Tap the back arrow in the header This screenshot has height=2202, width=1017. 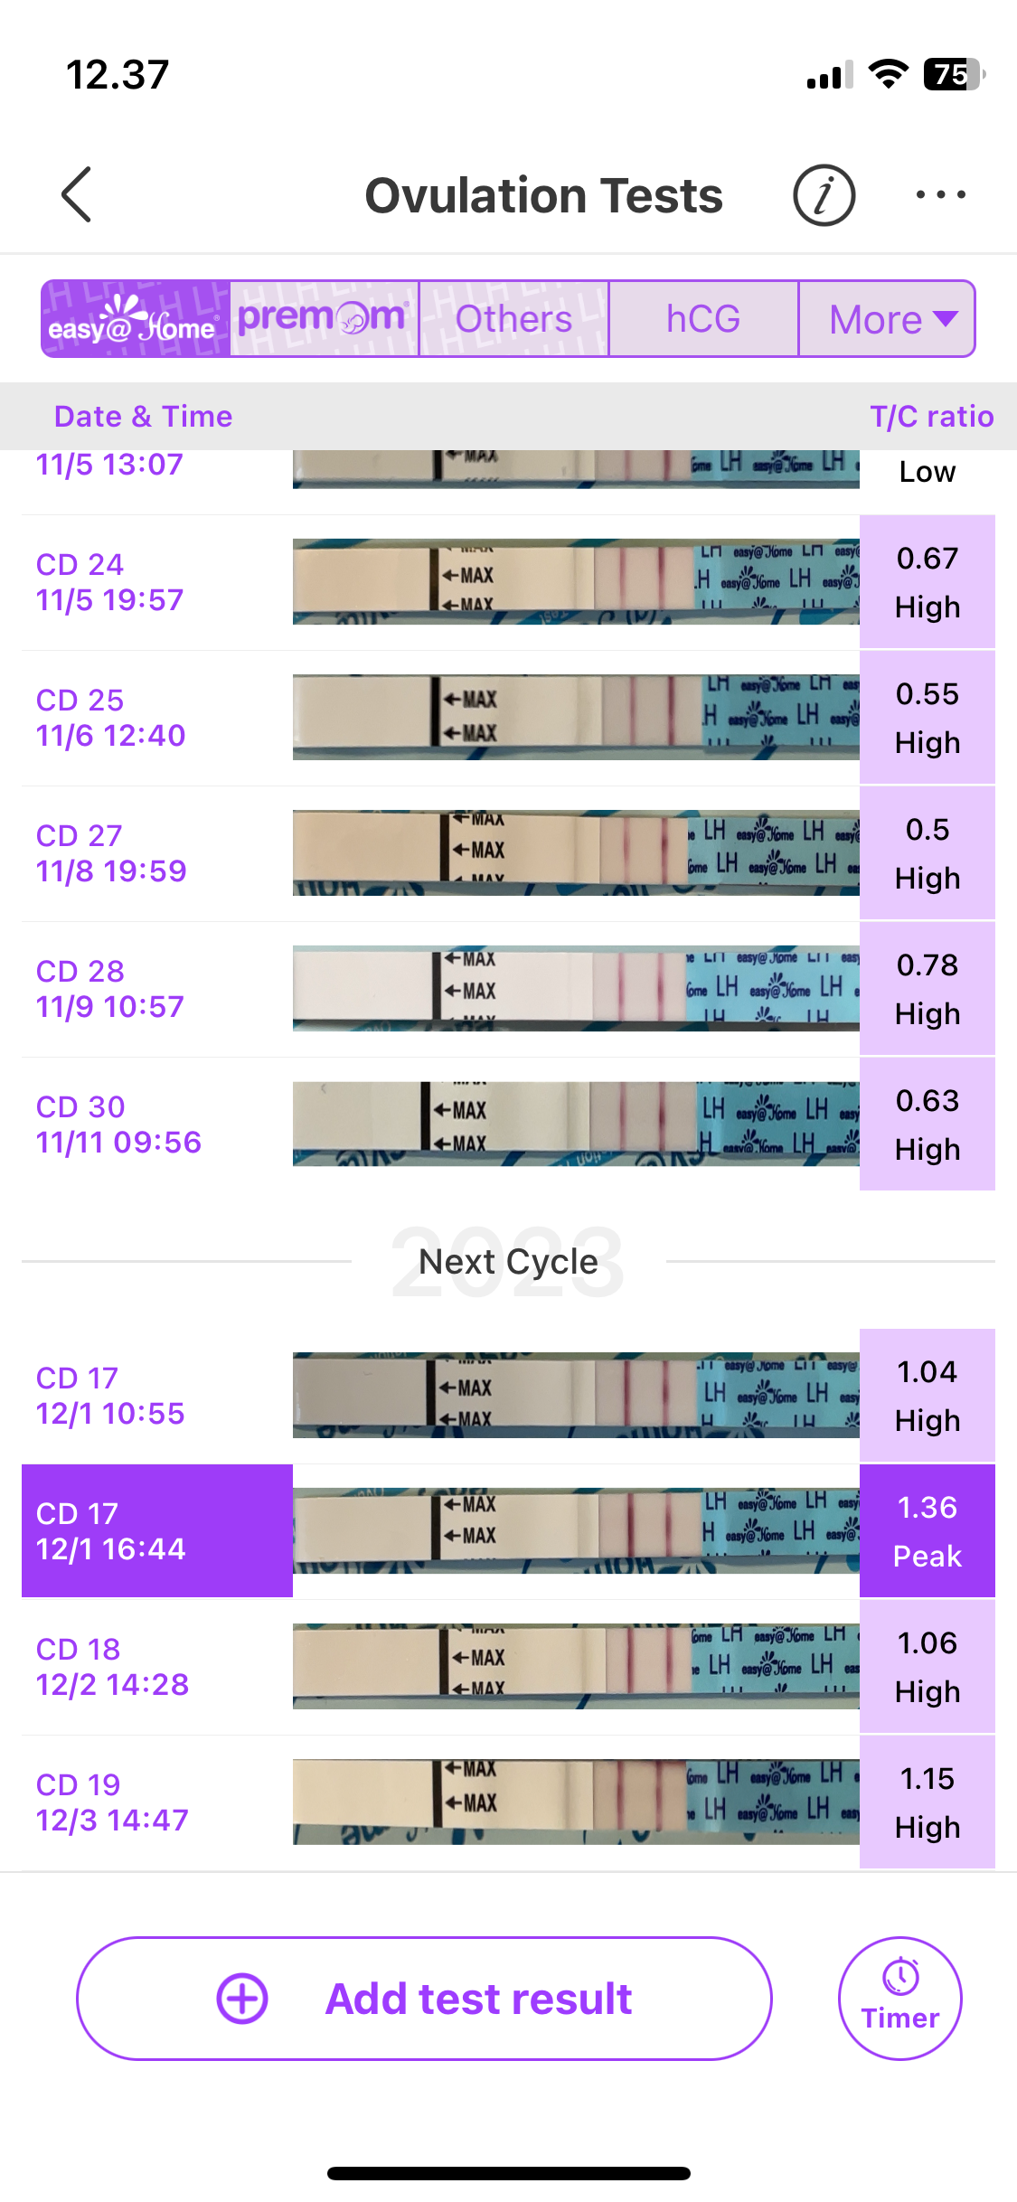tap(77, 194)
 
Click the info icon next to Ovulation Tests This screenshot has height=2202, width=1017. tap(824, 195)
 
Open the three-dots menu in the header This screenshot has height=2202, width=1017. tap(940, 195)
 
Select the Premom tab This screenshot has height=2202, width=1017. tap(324, 319)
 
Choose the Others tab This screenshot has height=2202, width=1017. tap(513, 319)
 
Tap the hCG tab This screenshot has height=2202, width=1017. tap(703, 319)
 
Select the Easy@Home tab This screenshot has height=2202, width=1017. tap(136, 319)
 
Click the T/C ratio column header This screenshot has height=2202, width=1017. tap(931, 417)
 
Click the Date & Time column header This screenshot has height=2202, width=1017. tap(143, 417)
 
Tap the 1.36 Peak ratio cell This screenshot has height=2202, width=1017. tap(927, 1531)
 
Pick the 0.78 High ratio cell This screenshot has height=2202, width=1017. tap(927, 989)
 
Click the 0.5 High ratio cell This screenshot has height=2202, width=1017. tap(927, 853)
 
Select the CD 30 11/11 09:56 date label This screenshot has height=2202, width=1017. tap(118, 1125)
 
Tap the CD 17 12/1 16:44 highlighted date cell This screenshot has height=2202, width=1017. tap(157, 1531)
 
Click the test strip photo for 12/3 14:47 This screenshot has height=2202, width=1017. tap(576, 1802)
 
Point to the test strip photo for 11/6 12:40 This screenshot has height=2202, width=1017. tap(576, 717)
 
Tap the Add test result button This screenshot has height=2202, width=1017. tap(424, 1999)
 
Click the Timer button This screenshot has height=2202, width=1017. tap(899, 1999)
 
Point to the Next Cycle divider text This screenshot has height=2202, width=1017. tap(508, 1262)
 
